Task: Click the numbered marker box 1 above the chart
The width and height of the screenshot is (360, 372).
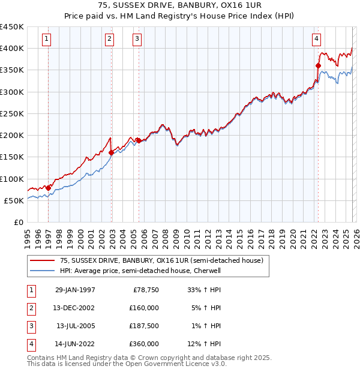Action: pos(47,40)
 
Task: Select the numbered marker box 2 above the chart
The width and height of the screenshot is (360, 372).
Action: pos(110,40)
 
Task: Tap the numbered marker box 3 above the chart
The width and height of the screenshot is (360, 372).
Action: pos(137,40)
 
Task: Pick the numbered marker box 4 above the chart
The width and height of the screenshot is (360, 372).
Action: pos(316,40)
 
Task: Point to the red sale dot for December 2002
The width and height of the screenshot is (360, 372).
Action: pos(111,152)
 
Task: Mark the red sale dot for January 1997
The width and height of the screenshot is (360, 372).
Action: pos(48,188)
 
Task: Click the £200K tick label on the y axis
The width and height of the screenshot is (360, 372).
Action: pos(12,136)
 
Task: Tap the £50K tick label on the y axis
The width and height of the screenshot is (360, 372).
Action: pos(14,201)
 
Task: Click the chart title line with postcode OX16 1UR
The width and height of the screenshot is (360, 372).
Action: pos(180,5)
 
